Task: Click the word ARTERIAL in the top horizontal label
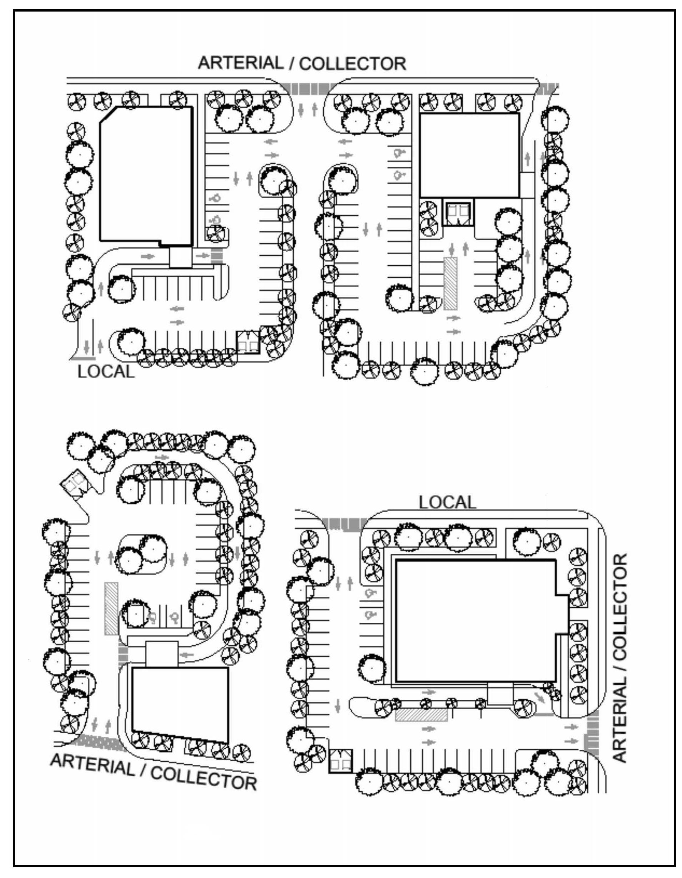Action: pos(241,63)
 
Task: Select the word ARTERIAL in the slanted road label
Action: pos(92,764)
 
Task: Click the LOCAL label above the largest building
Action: pos(447,502)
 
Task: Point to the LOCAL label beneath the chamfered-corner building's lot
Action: pos(106,372)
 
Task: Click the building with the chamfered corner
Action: pos(146,176)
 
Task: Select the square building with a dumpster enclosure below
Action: pos(470,155)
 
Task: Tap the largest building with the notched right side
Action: pos(481,621)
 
